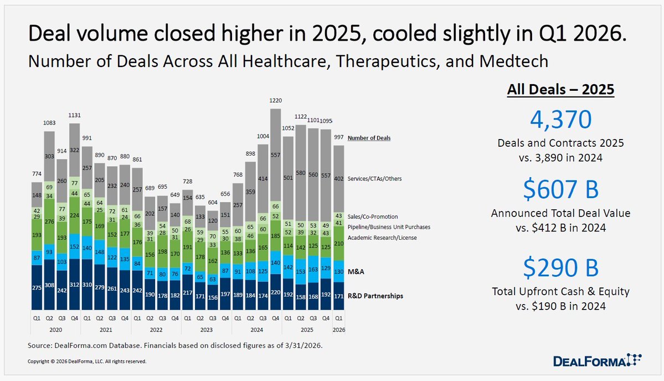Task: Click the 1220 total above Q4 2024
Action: [x=275, y=101]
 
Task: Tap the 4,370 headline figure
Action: [x=560, y=120]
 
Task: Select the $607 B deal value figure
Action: [x=560, y=189]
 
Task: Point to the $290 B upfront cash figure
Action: [x=560, y=267]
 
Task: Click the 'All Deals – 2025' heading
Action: [x=560, y=89]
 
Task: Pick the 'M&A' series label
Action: [x=356, y=272]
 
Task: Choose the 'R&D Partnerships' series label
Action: [x=375, y=296]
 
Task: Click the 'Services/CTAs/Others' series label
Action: [x=374, y=179]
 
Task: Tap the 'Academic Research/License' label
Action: [x=382, y=238]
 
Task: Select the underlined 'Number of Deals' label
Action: [x=369, y=138]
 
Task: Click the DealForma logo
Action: [x=597, y=361]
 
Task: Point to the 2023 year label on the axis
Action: [x=206, y=330]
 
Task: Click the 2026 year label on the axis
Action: [x=339, y=330]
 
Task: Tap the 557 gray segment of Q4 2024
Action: [x=275, y=156]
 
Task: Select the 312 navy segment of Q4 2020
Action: [x=75, y=285]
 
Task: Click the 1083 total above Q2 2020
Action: [x=49, y=123]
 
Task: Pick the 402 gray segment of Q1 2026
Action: [x=339, y=179]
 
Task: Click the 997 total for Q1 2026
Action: [x=339, y=137]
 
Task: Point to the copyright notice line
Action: [x=87, y=362]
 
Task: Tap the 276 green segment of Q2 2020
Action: [x=49, y=222]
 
